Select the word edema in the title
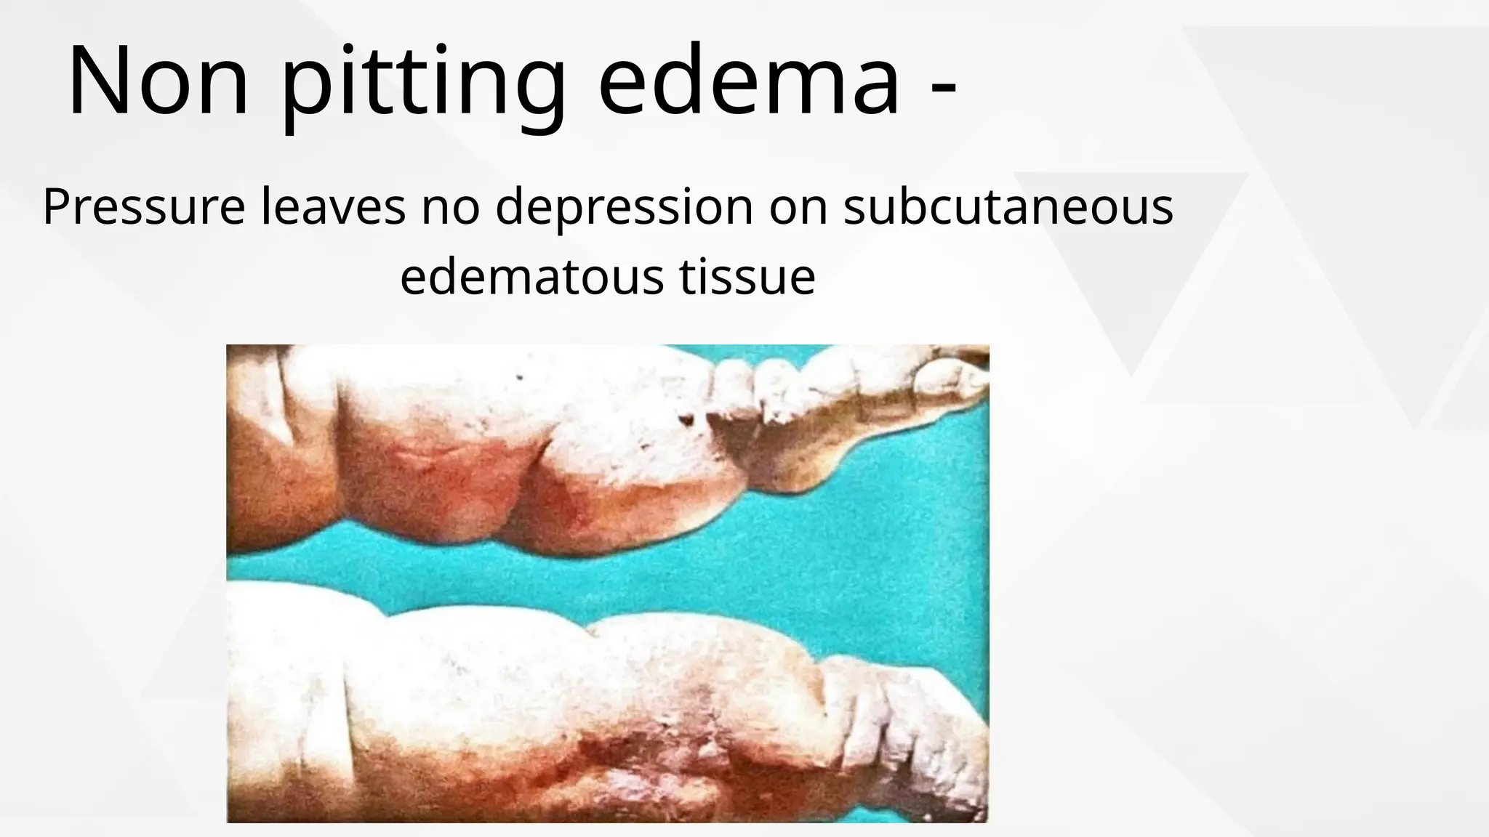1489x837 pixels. tap(749, 81)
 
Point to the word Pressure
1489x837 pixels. tap(144, 207)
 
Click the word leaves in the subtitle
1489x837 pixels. tap(333, 207)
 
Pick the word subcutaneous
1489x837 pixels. tap(1008, 207)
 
